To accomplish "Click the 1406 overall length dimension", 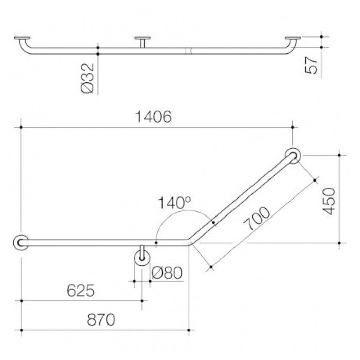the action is pyautogui.click(x=153, y=117).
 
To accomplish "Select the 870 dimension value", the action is pyautogui.click(x=101, y=319).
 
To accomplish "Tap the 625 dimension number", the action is pyautogui.click(x=81, y=291).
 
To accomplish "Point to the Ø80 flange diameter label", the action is pyautogui.click(x=167, y=273).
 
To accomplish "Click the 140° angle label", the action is pyautogui.click(x=174, y=203).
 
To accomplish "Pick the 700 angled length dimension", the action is pyautogui.click(x=257, y=218).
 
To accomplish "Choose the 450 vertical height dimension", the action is pyautogui.click(x=329, y=202).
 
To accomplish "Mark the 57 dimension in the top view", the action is pyautogui.click(x=311, y=65).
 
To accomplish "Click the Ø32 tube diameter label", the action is pyautogui.click(x=87, y=78).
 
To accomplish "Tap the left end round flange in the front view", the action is pyautogui.click(x=21, y=243).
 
